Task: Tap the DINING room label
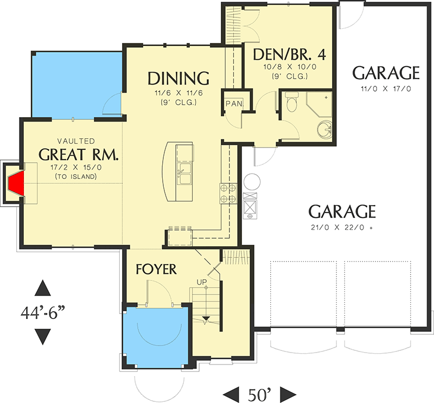point(178,79)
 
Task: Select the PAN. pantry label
point(234,103)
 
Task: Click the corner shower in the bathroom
point(320,103)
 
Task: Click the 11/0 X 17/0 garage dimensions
point(386,88)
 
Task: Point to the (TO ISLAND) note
point(78,177)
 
